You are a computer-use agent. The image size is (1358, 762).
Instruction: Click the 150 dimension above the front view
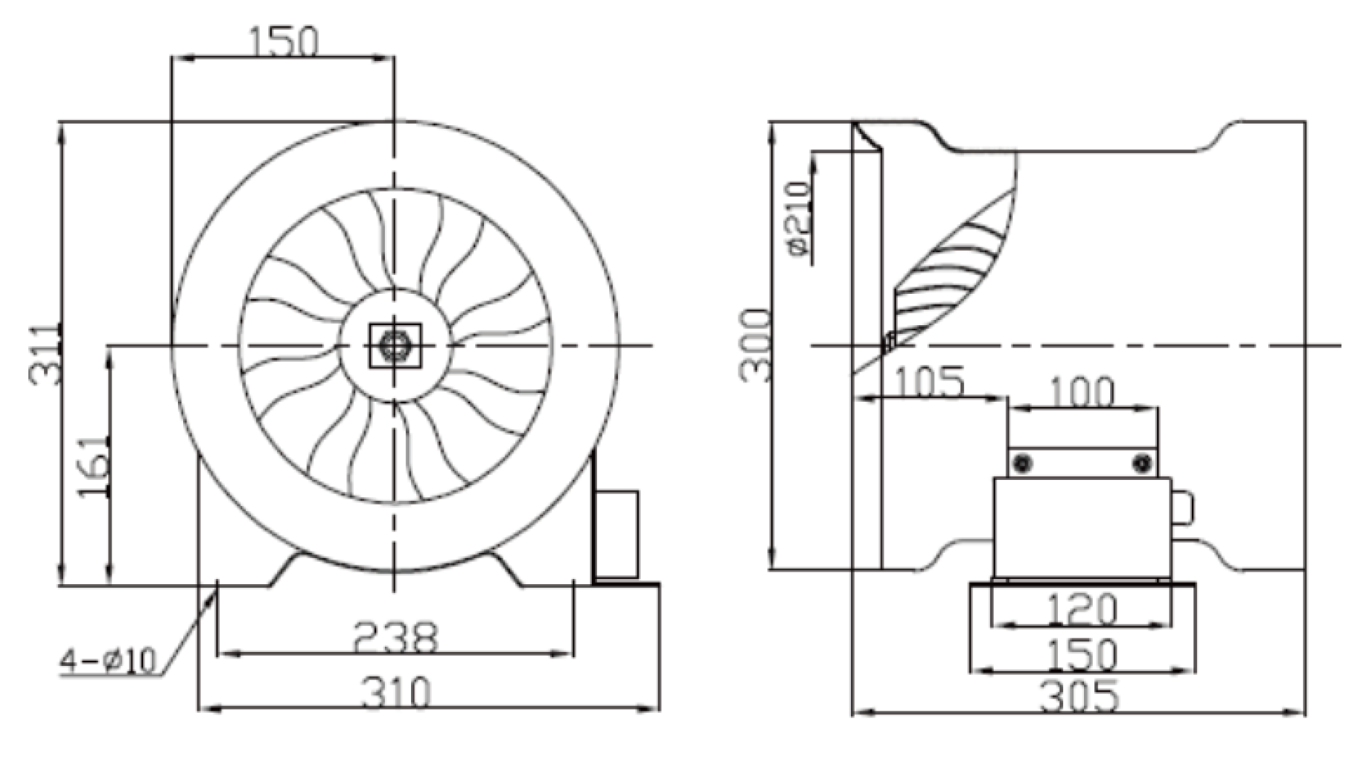pyautogui.click(x=283, y=42)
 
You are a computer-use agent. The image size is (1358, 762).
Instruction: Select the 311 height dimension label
pyautogui.click(x=45, y=355)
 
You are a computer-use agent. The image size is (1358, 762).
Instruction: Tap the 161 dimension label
pyautogui.click(x=95, y=467)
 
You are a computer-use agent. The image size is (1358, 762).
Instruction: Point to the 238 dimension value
pyautogui.click(x=395, y=638)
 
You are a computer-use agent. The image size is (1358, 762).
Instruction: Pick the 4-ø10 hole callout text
pyautogui.click(x=109, y=660)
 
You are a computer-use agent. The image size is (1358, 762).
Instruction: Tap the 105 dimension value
pyautogui.click(x=928, y=382)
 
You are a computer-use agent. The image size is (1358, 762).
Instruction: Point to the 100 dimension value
pyautogui.click(x=1082, y=392)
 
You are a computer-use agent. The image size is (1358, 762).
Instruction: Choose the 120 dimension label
pyautogui.click(x=1083, y=609)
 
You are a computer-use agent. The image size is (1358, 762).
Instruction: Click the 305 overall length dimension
pyautogui.click(x=1080, y=697)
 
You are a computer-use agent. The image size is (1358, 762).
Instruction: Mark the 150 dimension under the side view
pyautogui.click(x=1083, y=656)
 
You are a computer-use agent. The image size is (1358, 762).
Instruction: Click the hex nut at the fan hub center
pyautogui.click(x=394, y=345)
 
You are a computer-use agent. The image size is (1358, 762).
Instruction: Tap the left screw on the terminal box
pyautogui.click(x=1023, y=464)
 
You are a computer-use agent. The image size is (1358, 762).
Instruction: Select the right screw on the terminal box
pyautogui.click(x=1142, y=464)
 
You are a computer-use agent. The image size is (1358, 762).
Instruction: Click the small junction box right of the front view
pyautogui.click(x=616, y=535)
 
